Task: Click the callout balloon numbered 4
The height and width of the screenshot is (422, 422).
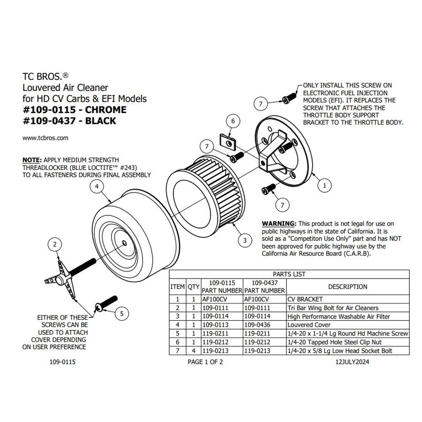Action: click(96, 187)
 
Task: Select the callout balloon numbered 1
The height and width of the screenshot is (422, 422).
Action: click(323, 186)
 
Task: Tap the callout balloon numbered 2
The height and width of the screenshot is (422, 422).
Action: click(55, 244)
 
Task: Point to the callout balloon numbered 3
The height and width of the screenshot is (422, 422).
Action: click(245, 241)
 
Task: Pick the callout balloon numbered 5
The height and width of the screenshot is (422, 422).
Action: click(121, 313)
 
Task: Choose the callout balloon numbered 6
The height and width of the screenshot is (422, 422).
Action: click(233, 121)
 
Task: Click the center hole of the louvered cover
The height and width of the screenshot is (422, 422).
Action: click(123, 242)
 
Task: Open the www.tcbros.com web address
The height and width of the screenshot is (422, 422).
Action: click(45, 138)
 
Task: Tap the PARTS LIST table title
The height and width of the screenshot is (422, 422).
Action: click(289, 274)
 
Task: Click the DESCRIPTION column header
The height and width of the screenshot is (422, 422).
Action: click(347, 286)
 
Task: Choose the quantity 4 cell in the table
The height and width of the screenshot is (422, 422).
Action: click(194, 351)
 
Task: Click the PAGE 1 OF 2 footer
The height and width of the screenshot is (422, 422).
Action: click(205, 362)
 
